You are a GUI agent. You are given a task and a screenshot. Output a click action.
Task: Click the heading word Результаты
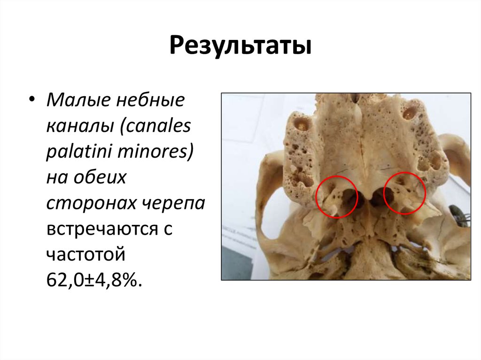(x=240, y=46)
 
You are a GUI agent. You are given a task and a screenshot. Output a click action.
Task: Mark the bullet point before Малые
(x=31, y=100)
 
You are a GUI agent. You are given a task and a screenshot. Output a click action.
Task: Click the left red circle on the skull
(x=337, y=197)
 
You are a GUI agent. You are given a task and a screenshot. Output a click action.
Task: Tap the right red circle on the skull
(x=404, y=193)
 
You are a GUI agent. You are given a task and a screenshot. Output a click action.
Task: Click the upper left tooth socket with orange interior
(x=301, y=124)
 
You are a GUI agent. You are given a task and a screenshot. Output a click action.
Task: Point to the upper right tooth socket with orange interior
(x=409, y=112)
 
